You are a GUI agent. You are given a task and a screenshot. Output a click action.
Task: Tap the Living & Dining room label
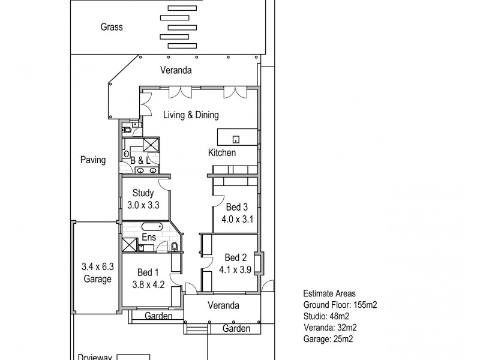click(191, 115)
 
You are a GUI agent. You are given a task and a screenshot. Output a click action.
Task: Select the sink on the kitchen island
click(236, 140)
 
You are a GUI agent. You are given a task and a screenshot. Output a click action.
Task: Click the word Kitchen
click(222, 153)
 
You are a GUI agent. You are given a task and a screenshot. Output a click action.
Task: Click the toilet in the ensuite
click(174, 247)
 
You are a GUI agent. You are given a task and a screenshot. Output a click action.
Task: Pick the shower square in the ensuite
click(130, 245)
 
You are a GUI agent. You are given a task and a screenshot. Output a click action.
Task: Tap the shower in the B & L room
click(151, 145)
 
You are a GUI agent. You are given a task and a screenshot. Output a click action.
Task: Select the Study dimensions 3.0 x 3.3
click(143, 205)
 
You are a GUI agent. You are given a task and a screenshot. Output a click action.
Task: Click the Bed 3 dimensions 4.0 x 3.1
click(237, 219)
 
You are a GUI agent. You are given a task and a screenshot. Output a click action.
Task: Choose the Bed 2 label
click(236, 258)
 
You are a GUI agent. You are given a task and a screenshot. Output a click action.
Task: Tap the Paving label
click(93, 160)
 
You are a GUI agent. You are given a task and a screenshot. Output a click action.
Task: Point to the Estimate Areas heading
click(329, 294)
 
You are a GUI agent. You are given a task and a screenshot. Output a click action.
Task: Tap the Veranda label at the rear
click(176, 70)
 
